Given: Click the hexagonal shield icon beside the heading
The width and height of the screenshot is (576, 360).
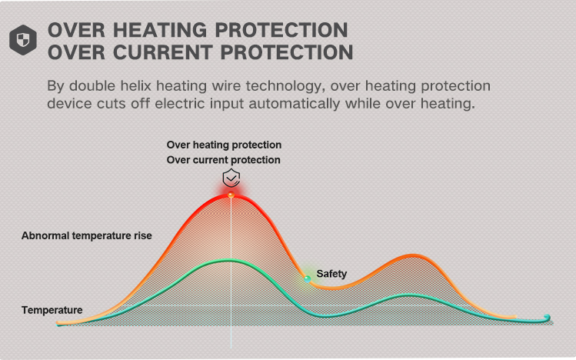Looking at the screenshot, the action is pyautogui.click(x=23, y=40).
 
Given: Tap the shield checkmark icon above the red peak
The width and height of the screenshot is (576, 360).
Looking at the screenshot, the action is pyautogui.click(x=231, y=178).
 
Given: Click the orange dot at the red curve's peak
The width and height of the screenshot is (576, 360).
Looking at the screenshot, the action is pyautogui.click(x=231, y=195).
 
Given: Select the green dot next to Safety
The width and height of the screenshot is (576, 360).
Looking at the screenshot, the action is pyautogui.click(x=308, y=279).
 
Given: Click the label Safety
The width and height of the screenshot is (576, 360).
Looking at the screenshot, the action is pyautogui.click(x=331, y=274).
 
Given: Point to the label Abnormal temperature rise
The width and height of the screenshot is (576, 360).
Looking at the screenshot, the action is pyautogui.click(x=87, y=235).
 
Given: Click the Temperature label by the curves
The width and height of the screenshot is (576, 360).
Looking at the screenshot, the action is pyautogui.click(x=52, y=310).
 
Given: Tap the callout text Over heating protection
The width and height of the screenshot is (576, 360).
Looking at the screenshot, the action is pyautogui.click(x=224, y=145).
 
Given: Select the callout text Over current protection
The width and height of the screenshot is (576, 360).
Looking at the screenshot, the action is pyautogui.click(x=223, y=160).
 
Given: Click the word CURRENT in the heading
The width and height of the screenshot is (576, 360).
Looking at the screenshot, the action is pyautogui.click(x=164, y=52).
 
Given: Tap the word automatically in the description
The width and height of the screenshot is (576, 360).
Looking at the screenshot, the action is pyautogui.click(x=295, y=104).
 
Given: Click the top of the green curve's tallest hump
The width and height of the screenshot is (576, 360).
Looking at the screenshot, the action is pyautogui.click(x=229, y=261).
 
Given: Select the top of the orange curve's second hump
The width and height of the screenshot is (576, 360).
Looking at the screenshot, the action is pyautogui.click(x=412, y=255).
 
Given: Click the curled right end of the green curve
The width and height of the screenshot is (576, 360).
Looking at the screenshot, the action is pyautogui.click(x=548, y=318).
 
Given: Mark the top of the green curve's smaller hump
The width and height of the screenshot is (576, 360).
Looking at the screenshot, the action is pyautogui.click(x=410, y=295).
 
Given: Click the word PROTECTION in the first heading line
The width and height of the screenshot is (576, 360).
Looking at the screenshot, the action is pyautogui.click(x=281, y=30).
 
